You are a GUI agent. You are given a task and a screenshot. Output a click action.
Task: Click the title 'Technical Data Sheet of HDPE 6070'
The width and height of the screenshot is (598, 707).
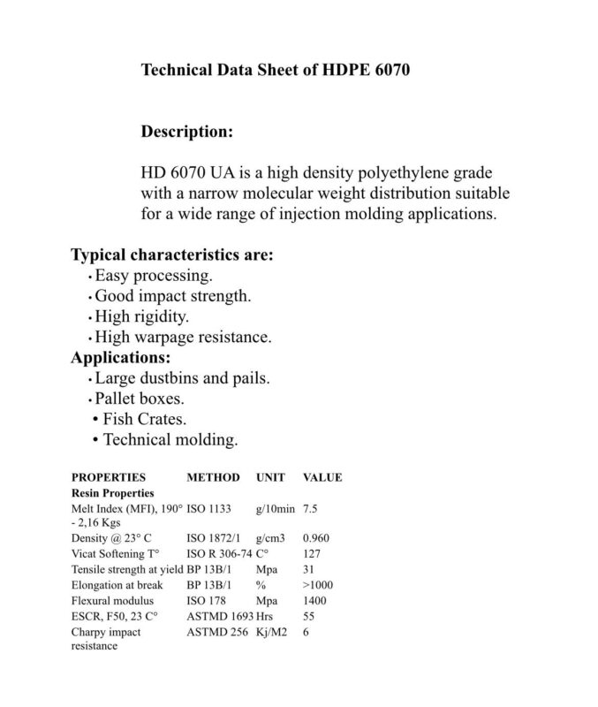point(275,70)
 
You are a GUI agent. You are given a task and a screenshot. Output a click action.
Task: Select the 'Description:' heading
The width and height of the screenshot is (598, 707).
point(187,133)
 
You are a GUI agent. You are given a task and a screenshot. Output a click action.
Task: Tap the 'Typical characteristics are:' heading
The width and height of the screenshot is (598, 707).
point(171,255)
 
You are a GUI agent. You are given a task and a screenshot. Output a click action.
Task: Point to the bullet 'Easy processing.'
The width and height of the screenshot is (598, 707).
point(154,276)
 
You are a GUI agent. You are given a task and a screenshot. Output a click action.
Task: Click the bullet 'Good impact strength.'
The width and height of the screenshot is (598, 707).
point(173,296)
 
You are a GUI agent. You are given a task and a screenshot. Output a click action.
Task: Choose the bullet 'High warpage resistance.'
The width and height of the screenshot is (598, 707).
point(183,337)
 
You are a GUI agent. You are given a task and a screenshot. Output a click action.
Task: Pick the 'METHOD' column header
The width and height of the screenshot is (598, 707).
point(213,477)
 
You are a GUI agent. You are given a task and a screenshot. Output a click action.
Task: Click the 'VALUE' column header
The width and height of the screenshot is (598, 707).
point(322,477)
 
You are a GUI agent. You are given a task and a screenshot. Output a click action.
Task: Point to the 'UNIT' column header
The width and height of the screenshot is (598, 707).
point(270,477)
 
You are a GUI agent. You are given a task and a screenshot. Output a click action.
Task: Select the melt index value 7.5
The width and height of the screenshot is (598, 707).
point(311,510)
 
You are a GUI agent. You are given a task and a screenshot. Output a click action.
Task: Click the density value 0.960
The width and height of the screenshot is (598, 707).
point(316,537)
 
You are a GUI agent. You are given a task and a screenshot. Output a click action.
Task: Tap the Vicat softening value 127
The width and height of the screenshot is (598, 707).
point(312,553)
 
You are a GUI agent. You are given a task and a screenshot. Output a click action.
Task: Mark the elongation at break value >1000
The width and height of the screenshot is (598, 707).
point(318,585)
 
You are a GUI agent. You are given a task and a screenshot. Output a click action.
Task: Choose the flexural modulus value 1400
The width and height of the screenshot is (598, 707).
point(314,601)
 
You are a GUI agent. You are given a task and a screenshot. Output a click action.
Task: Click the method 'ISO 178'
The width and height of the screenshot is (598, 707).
point(207,601)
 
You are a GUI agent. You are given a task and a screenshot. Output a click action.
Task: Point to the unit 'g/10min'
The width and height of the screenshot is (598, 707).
point(276,510)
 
